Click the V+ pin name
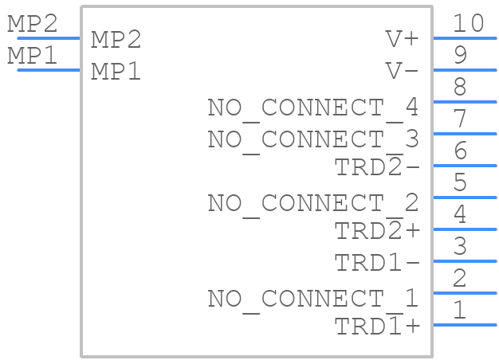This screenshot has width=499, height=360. pos(402,39)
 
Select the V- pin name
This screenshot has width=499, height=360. pos(402,71)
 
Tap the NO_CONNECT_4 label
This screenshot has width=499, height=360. pos(313,108)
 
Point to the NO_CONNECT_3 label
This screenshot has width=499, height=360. pos(313,140)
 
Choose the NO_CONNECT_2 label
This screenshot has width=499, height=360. pos(313,204)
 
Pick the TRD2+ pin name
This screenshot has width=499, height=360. pos(377,229)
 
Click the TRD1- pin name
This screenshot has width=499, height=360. pos(377,262)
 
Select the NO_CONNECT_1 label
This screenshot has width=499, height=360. pos(313,299)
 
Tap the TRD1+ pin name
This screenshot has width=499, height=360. pos(377,325)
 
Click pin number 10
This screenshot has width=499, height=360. pos(468,23)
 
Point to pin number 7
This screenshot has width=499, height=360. pos(461,119)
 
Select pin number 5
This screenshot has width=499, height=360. pos(461,182)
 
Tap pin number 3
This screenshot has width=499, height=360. pos(461,245)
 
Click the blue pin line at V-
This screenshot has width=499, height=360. pos(465,70)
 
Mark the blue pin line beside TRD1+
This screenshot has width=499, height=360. pos(465,325)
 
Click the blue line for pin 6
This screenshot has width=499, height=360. pos(465,166)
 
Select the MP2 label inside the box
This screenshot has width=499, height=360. pos(116,40)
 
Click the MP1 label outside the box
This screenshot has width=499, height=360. pos(33,55)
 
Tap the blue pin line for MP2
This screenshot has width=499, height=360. pos(49,38)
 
